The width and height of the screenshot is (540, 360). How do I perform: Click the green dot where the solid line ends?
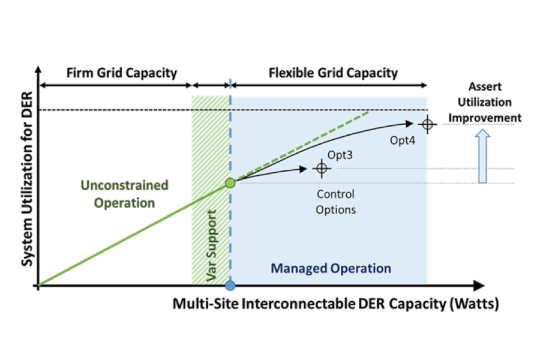(230, 183)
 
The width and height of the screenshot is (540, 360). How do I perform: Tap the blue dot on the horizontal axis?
(230, 285)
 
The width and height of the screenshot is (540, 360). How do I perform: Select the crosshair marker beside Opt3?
(321, 168)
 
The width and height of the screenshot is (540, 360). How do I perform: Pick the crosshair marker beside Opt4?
(427, 124)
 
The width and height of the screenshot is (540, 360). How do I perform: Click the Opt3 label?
(340, 155)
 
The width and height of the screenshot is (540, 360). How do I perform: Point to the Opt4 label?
(402, 140)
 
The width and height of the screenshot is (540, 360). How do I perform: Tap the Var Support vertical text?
(212, 246)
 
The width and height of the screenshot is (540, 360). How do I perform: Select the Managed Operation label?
(331, 268)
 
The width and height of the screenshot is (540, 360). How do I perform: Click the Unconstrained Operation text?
(124, 194)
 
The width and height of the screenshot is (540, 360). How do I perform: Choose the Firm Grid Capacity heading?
(122, 73)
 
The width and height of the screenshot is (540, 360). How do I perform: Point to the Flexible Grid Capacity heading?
(333, 73)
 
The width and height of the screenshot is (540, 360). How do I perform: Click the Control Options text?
(336, 202)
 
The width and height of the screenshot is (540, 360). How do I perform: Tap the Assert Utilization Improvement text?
(485, 102)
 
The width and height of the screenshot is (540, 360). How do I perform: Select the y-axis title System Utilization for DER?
(27, 179)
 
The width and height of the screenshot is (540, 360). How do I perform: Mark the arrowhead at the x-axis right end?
(479, 285)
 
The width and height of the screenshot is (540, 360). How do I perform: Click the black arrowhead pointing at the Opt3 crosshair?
(303, 169)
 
